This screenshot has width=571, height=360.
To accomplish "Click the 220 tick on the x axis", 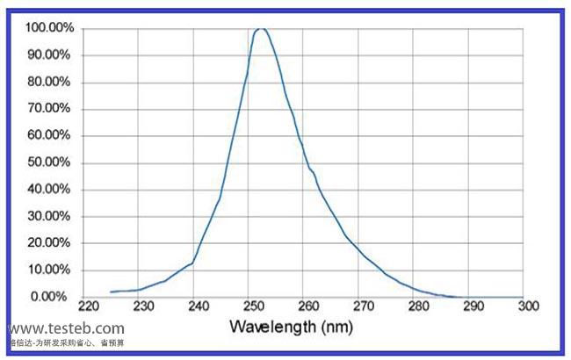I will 88,306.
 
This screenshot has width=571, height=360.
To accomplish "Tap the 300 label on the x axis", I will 527,306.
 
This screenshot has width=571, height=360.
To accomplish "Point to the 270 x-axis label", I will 363,306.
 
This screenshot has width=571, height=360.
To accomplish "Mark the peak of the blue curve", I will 261,28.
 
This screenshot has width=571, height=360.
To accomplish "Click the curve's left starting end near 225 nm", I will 112,292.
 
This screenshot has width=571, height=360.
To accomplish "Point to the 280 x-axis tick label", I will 418,306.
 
